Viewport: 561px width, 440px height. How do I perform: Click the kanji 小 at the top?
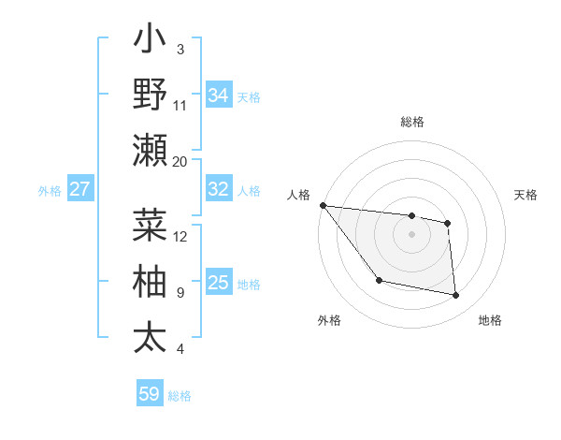(150, 41)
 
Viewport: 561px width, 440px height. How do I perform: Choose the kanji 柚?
(150, 281)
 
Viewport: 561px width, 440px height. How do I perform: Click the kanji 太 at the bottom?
(150, 336)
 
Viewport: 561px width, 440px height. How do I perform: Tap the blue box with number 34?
(219, 95)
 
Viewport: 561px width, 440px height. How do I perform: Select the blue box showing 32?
(219, 189)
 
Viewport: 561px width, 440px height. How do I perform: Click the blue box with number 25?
(219, 283)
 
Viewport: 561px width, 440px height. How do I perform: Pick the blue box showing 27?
(79, 189)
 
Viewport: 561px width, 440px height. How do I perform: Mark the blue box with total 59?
(150, 394)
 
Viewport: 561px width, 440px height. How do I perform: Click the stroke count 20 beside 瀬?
(180, 161)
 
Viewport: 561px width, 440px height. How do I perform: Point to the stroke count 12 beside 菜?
(180, 236)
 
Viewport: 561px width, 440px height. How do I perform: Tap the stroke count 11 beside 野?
(180, 105)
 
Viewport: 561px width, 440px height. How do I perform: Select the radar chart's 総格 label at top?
(411, 122)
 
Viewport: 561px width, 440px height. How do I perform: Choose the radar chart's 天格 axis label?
(525, 195)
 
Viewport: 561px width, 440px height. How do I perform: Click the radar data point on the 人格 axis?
(323, 205)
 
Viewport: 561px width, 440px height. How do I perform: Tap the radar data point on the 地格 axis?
(456, 296)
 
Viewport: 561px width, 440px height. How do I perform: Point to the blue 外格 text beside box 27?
(50, 190)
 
